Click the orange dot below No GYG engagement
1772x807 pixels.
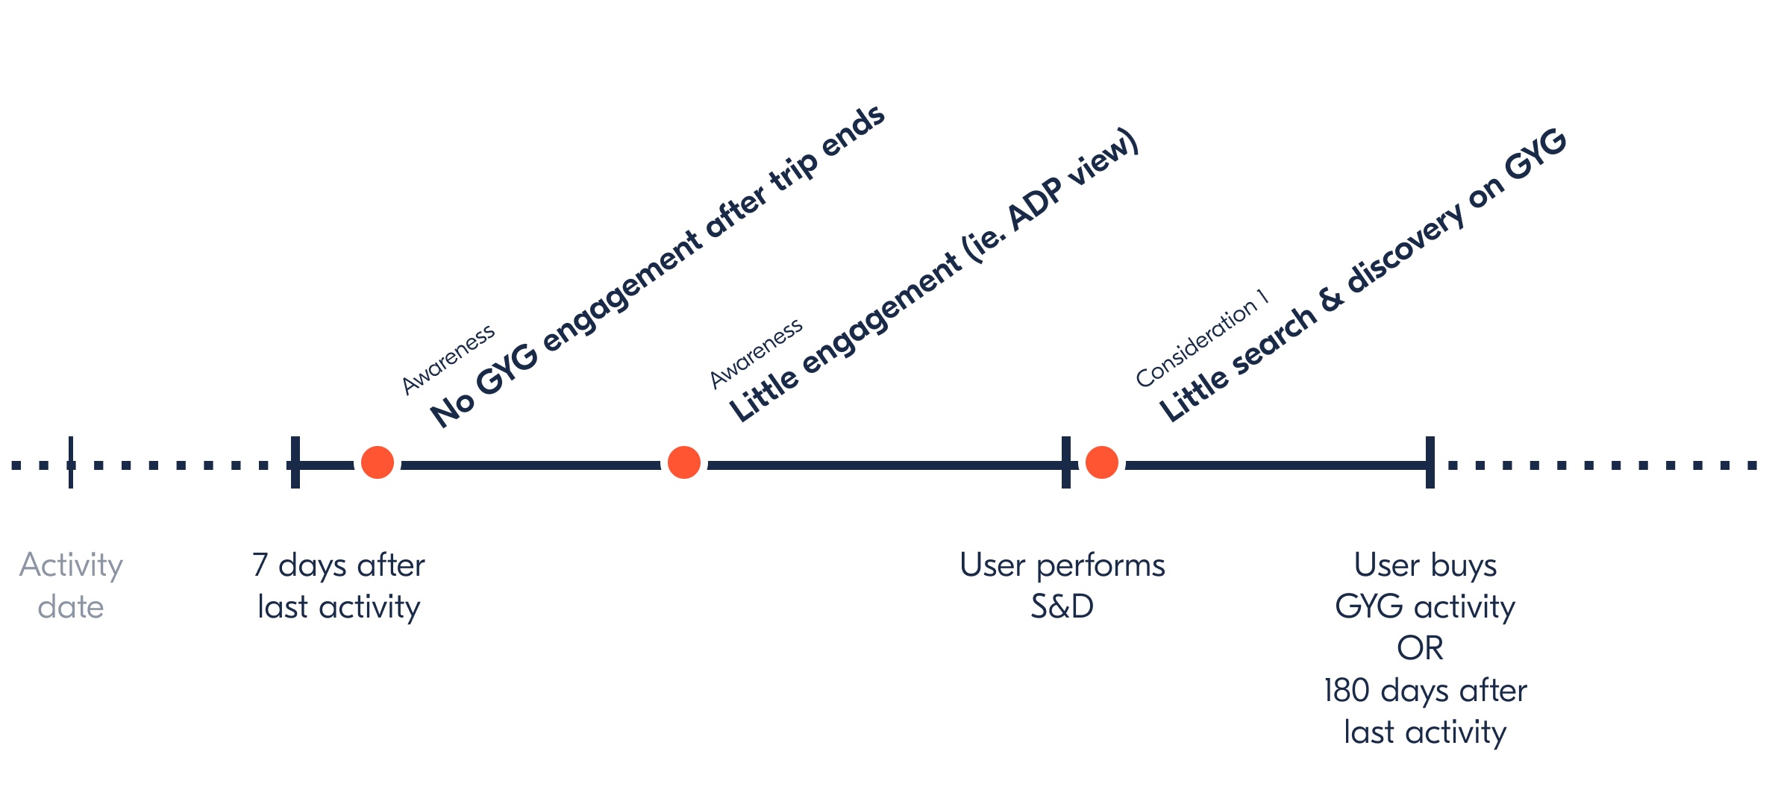pos(378,462)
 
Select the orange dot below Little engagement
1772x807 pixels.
pos(684,462)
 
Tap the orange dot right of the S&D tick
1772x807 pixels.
pos(1102,462)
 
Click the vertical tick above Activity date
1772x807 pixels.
pos(71,462)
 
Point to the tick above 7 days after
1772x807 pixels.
pos(295,462)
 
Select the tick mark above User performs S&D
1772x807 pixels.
pos(1066,462)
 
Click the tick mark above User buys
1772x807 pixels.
pos(1430,462)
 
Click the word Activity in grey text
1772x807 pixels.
pos(71,565)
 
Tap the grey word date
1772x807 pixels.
pos(71,607)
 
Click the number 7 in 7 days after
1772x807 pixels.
pos(260,565)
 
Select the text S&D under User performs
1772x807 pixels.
pos(1062,607)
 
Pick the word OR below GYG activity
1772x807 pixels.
pos(1420,649)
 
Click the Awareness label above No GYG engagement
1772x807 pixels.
pos(448,359)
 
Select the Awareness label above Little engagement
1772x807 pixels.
pos(756,354)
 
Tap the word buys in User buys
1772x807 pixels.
pos(1464,565)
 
